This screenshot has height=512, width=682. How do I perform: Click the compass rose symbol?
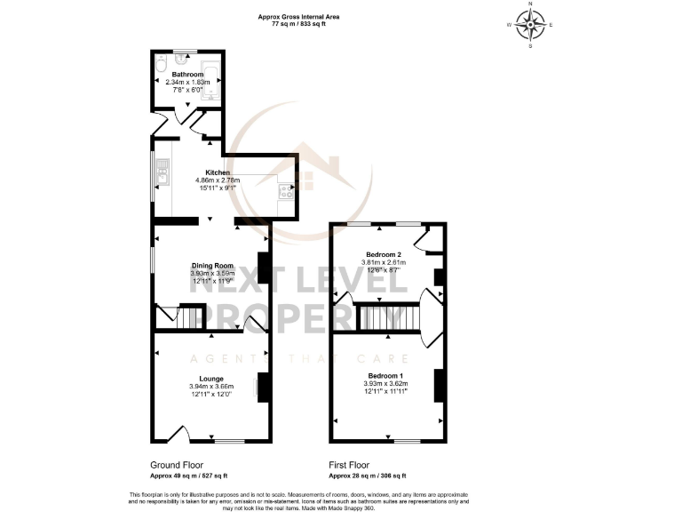click(x=531, y=25)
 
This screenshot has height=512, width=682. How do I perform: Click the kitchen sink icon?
click(x=163, y=173)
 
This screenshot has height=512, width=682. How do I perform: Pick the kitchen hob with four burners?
click(x=287, y=191)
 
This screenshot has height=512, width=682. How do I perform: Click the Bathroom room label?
click(x=186, y=75)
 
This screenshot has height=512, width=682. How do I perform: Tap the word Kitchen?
click(x=218, y=172)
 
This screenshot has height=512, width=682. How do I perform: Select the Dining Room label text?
click(x=211, y=265)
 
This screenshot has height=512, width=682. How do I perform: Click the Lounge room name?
click(x=211, y=379)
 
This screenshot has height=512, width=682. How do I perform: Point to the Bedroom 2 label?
click(x=385, y=254)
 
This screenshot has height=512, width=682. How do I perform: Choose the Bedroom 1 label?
click(x=387, y=375)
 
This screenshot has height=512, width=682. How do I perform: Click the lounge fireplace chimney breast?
click(x=263, y=386)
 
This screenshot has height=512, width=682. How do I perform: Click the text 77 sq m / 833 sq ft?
click(x=297, y=24)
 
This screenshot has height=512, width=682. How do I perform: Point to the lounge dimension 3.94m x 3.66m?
click(x=211, y=387)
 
